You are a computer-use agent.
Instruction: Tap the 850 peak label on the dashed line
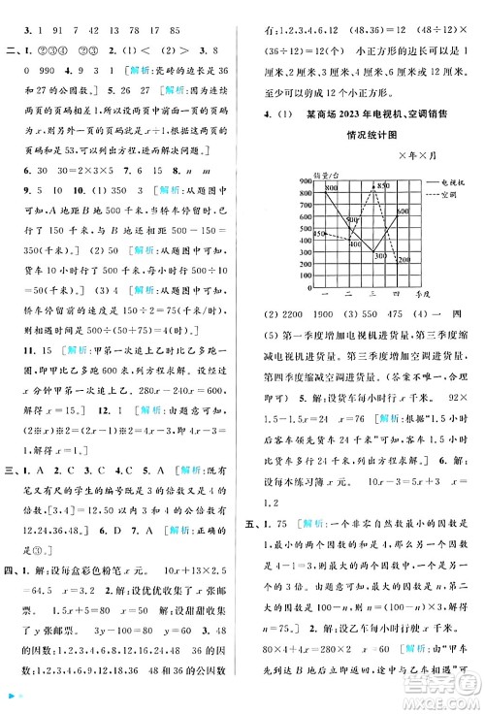383,184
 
